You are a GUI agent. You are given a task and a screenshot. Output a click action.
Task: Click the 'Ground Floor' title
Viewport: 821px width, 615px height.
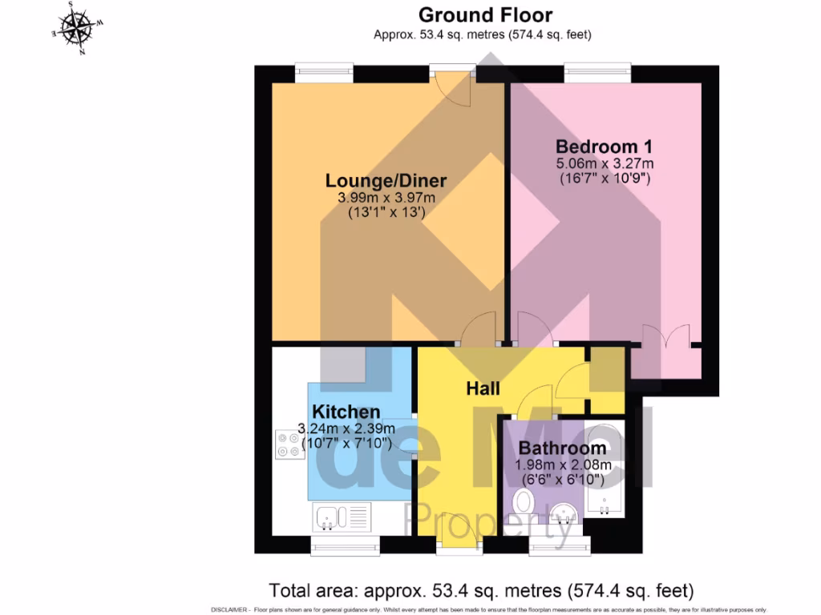pyautogui.click(x=485, y=14)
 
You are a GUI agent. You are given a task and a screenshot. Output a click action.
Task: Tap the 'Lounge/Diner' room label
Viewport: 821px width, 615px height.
pyautogui.click(x=386, y=181)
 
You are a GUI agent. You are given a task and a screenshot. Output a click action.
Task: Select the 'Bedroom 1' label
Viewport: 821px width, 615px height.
pyautogui.click(x=604, y=147)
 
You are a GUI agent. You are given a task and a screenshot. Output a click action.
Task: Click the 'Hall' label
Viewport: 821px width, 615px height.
pyautogui.click(x=483, y=388)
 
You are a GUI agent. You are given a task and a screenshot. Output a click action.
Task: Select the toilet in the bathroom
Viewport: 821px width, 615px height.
pyautogui.click(x=523, y=505)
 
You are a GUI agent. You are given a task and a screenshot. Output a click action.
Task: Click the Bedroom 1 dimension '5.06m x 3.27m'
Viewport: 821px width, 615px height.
pyautogui.click(x=605, y=164)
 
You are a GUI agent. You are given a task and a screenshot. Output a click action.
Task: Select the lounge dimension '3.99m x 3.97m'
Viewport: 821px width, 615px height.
pyautogui.click(x=386, y=199)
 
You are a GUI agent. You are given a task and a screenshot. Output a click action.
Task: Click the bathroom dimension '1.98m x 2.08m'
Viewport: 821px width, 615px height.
pyautogui.click(x=562, y=464)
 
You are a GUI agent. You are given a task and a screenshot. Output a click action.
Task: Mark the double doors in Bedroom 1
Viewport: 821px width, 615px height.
pyautogui.click(x=665, y=336)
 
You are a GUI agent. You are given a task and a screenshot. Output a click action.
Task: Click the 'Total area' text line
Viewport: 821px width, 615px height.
pyautogui.click(x=480, y=591)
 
